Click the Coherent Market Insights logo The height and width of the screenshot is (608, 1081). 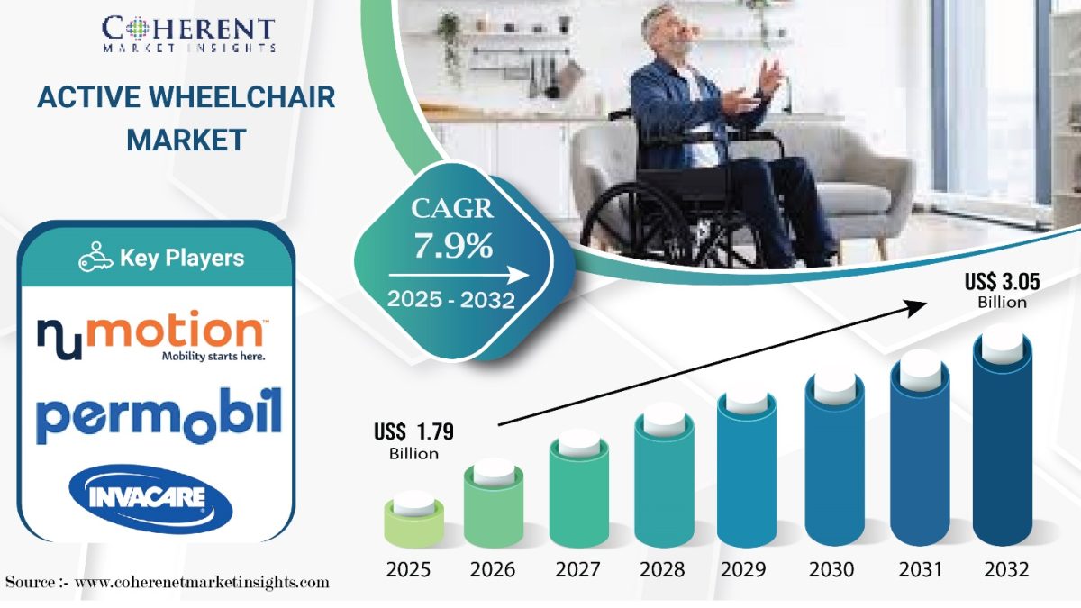coord(188,34)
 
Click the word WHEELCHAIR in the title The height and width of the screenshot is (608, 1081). coord(241,97)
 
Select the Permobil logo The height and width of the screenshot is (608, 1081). coord(159,415)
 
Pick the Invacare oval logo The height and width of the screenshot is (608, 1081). coord(151,499)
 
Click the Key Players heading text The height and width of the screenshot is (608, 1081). coord(182,259)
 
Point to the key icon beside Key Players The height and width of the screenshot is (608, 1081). coord(95,258)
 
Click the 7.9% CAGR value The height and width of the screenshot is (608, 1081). coord(453,246)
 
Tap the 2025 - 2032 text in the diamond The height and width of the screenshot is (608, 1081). coord(451,300)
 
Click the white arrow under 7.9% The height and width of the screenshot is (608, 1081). coord(459,276)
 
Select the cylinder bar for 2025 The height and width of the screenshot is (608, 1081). coord(414,521)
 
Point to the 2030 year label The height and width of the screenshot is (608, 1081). coord(831,570)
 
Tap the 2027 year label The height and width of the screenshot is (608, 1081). coord(577,570)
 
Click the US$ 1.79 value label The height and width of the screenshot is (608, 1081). coord(414,441)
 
